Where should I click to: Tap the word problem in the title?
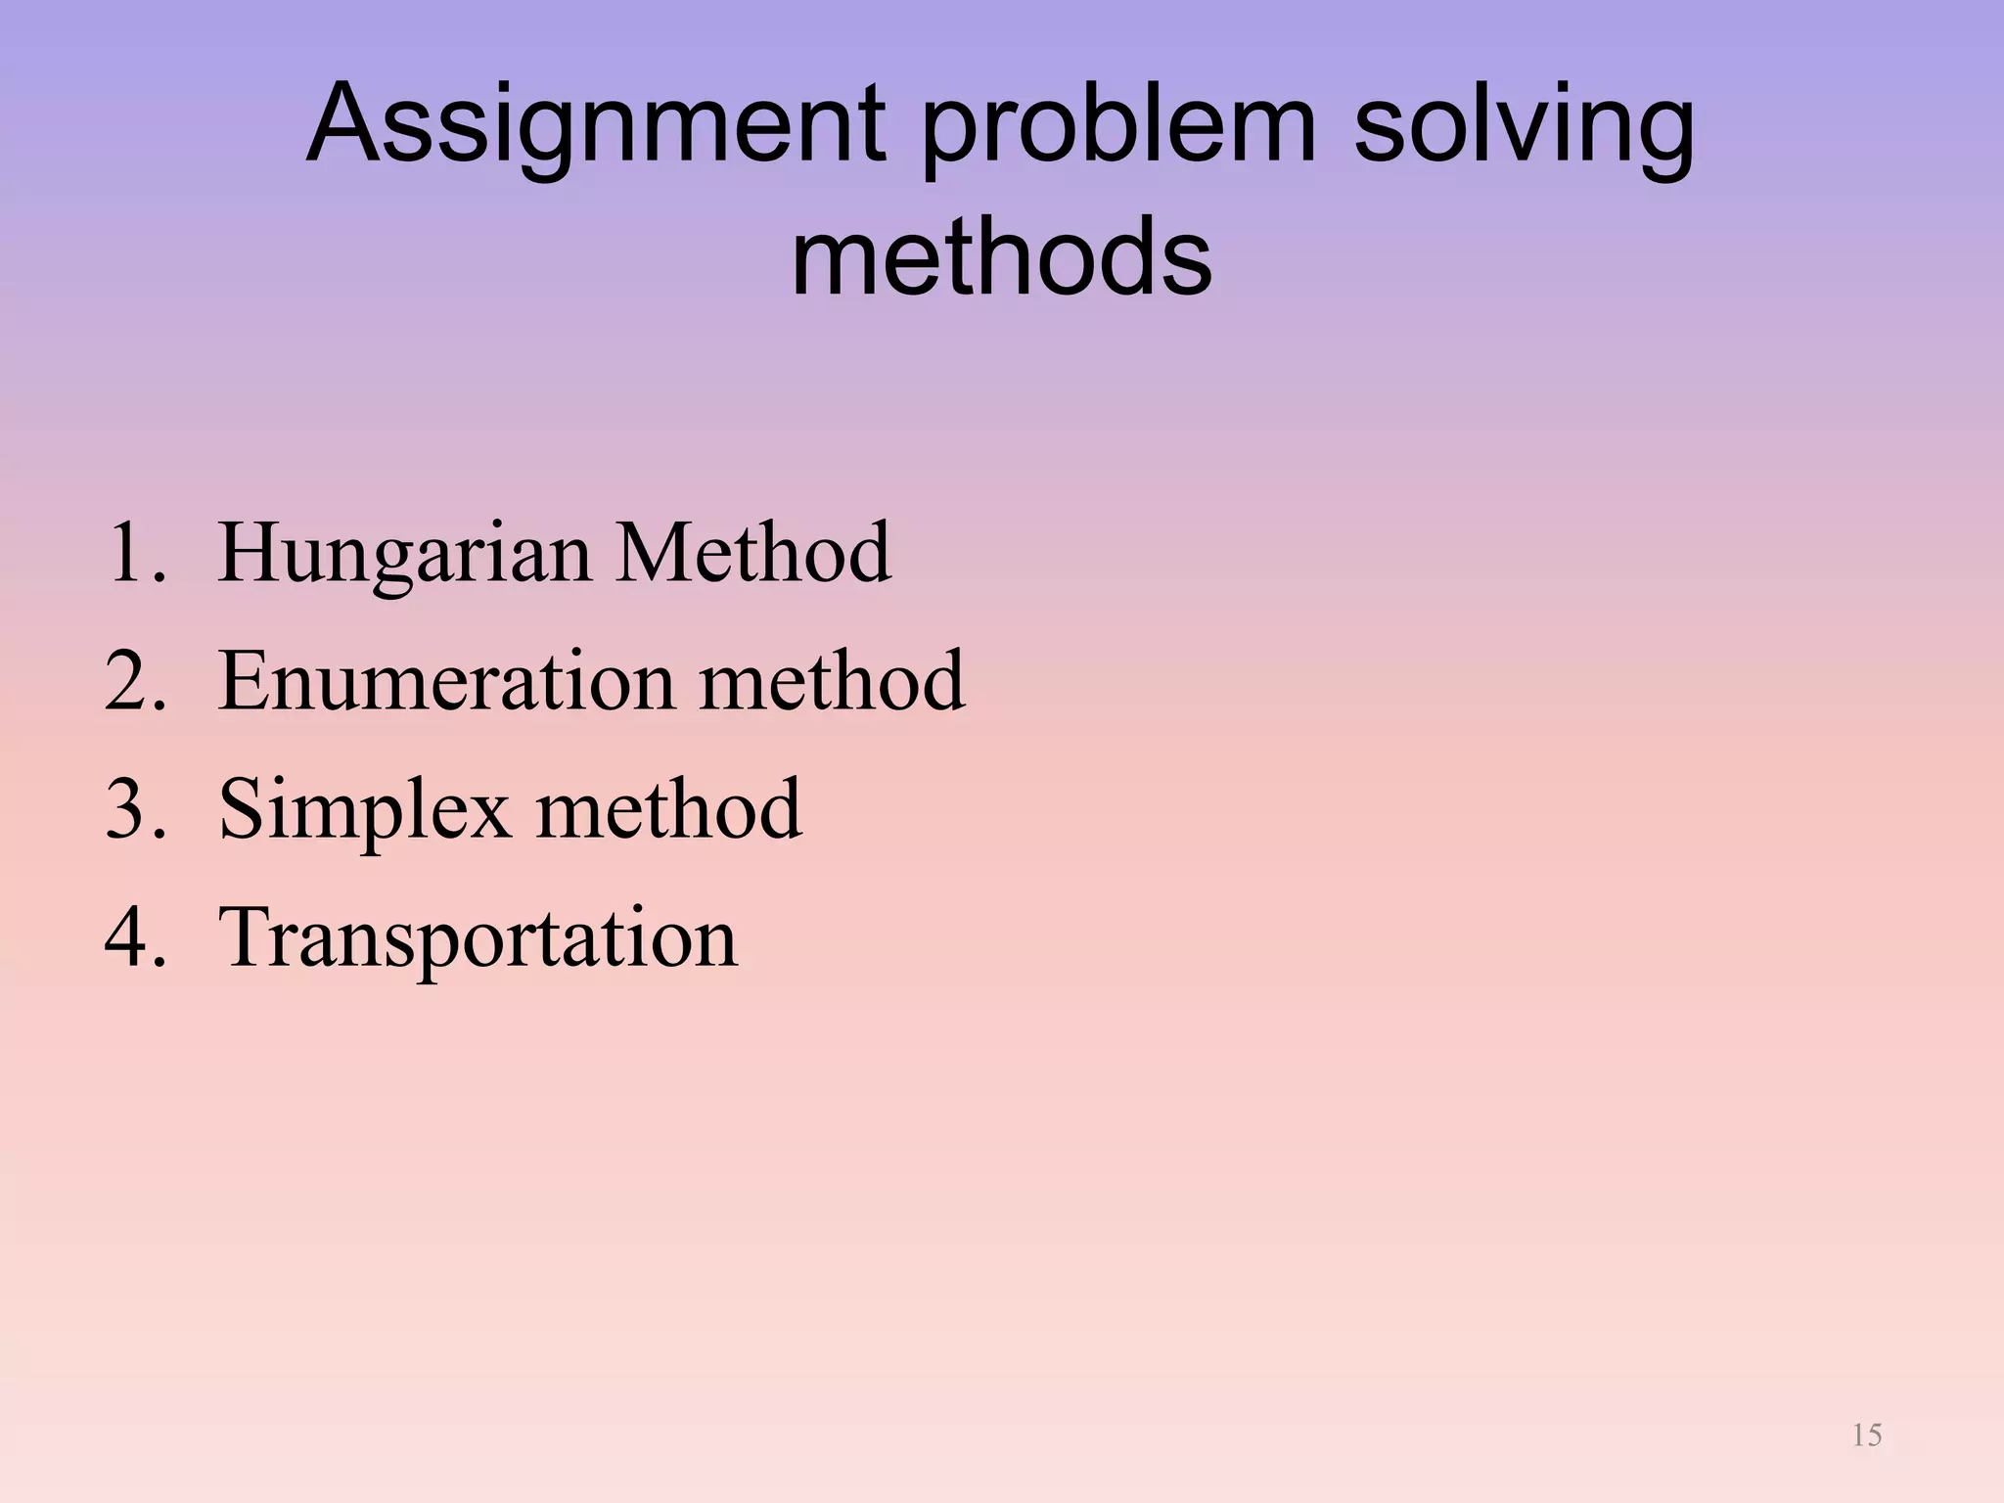(1118, 127)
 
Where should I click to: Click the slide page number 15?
(1867, 1435)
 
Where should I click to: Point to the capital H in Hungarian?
(252, 553)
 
